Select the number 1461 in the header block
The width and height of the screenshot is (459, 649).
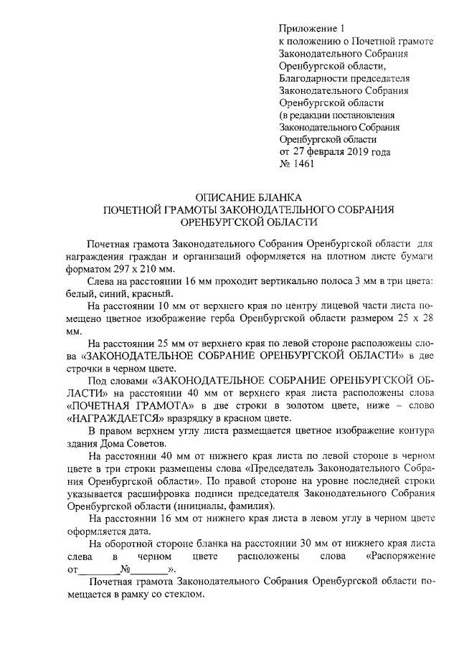coord(301,164)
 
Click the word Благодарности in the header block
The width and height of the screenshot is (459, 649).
coord(313,78)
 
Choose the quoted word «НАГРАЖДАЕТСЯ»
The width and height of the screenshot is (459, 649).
coord(116,417)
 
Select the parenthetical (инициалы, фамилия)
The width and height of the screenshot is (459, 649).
coord(217,504)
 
